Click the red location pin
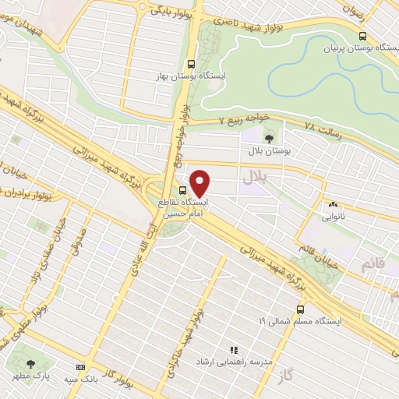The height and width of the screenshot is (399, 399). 200,182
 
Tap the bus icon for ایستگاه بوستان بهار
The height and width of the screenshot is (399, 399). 192,65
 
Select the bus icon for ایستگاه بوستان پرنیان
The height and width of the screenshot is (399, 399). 362,36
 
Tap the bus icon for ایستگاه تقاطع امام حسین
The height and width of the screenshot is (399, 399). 182,190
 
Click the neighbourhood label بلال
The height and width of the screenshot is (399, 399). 254,178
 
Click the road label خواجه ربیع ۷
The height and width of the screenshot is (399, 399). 242,119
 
